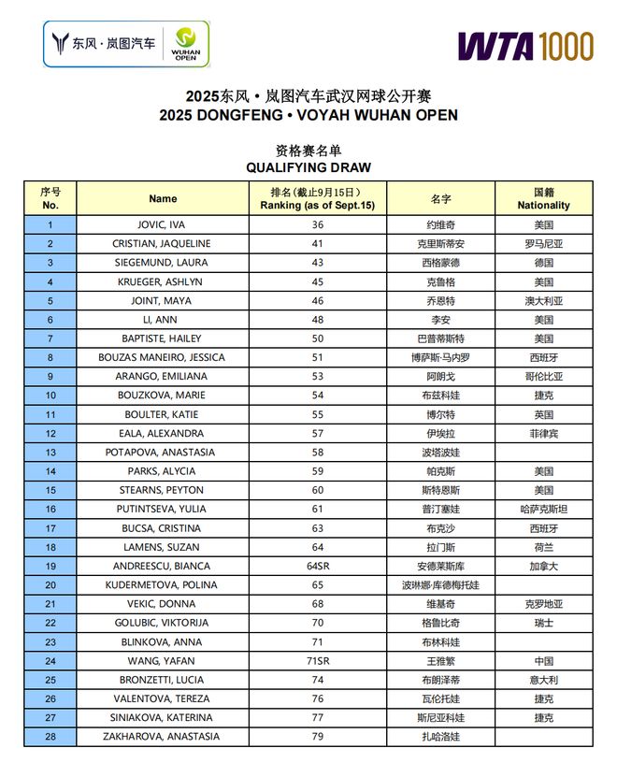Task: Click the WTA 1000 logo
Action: pyautogui.click(x=524, y=45)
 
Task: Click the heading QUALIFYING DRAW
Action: pyautogui.click(x=308, y=167)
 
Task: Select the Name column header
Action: pyautogui.click(x=163, y=198)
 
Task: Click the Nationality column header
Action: pyautogui.click(x=543, y=198)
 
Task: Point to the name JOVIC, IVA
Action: pyautogui.click(x=163, y=225)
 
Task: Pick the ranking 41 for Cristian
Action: pyautogui.click(x=318, y=244)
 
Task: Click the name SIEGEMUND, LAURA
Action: pyautogui.click(x=163, y=263)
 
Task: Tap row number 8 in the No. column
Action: pyautogui.click(x=50, y=357)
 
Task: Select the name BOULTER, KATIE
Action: pyautogui.click(x=163, y=414)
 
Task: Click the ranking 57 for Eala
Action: pyautogui.click(x=318, y=433)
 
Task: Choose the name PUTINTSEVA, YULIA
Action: pyautogui.click(x=163, y=509)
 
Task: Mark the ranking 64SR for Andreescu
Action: pyautogui.click(x=318, y=566)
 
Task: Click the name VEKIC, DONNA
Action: pyautogui.click(x=163, y=604)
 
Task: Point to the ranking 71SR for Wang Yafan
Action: pyautogui.click(x=318, y=661)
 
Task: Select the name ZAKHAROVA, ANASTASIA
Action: pyautogui.click(x=163, y=737)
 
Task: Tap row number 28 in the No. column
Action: pyautogui.click(x=50, y=737)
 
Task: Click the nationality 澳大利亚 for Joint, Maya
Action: pyautogui.click(x=543, y=301)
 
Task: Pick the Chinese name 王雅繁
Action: pyautogui.click(x=440, y=661)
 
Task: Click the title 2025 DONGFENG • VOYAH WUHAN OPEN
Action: pyautogui.click(x=308, y=115)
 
